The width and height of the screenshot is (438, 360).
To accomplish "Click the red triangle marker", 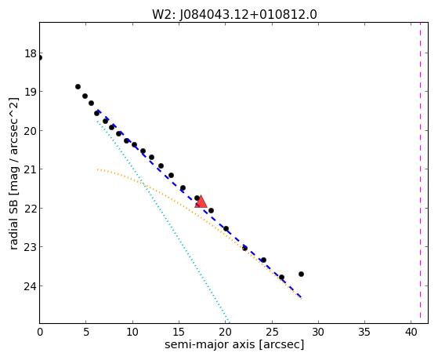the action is click(x=201, y=202).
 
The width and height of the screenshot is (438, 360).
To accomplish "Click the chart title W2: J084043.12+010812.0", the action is click(x=234, y=14).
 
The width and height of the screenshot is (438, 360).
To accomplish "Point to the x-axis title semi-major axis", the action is click(x=234, y=344).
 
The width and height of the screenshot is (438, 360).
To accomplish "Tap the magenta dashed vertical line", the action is click(x=420, y=173).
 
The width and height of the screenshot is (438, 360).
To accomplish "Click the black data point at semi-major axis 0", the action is click(x=40, y=57).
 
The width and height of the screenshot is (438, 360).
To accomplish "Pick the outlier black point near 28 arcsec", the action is click(x=301, y=274).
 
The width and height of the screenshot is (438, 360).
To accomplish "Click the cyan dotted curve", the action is click(x=163, y=220).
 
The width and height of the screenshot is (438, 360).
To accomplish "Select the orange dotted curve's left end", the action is click(x=97, y=169).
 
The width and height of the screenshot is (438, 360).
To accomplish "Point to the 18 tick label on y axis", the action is click(x=30, y=53).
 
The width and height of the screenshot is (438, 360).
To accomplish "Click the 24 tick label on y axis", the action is click(x=30, y=285).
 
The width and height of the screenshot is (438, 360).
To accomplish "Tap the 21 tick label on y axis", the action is click(x=30, y=169).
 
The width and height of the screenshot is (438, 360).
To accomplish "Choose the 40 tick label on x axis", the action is click(x=411, y=332).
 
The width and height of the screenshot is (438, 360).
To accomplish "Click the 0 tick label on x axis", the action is click(x=40, y=332).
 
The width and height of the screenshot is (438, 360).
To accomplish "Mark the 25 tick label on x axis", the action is click(x=272, y=332).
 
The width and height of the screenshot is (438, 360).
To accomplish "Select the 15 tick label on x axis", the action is click(x=179, y=332).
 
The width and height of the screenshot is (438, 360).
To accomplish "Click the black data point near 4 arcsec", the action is click(x=78, y=87).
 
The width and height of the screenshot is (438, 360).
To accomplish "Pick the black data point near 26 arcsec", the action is click(x=281, y=277).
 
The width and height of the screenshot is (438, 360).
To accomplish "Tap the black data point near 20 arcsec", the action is click(x=226, y=228).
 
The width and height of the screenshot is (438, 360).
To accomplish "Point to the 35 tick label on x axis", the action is click(x=364, y=332).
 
